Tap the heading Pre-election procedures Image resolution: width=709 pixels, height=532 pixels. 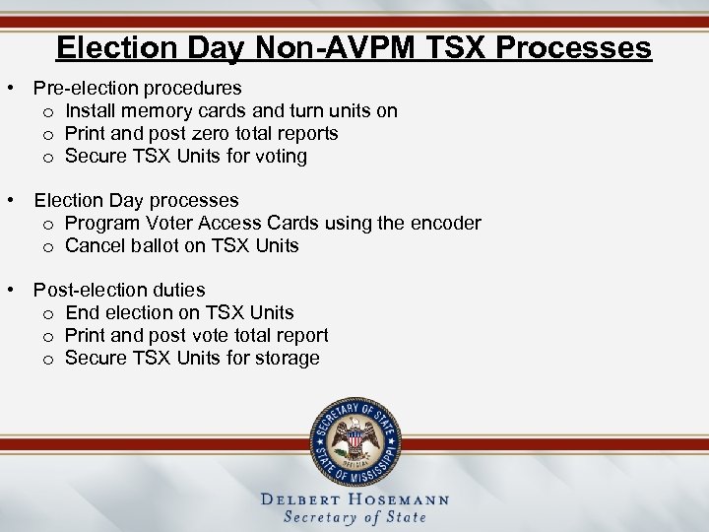[x=137, y=88]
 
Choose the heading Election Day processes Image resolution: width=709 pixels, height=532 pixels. [x=136, y=200]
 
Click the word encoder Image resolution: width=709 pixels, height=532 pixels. [x=446, y=223]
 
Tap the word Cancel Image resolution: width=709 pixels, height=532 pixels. [x=94, y=245]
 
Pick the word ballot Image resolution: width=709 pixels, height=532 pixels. [x=149, y=245]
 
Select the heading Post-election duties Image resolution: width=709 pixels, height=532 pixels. [x=119, y=290]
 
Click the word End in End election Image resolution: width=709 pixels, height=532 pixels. [x=82, y=312]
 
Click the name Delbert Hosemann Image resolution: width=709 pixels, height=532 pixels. [x=354, y=499]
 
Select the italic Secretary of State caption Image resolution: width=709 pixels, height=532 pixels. [x=354, y=517]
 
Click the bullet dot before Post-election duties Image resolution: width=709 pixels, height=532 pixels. [x=9, y=290]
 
